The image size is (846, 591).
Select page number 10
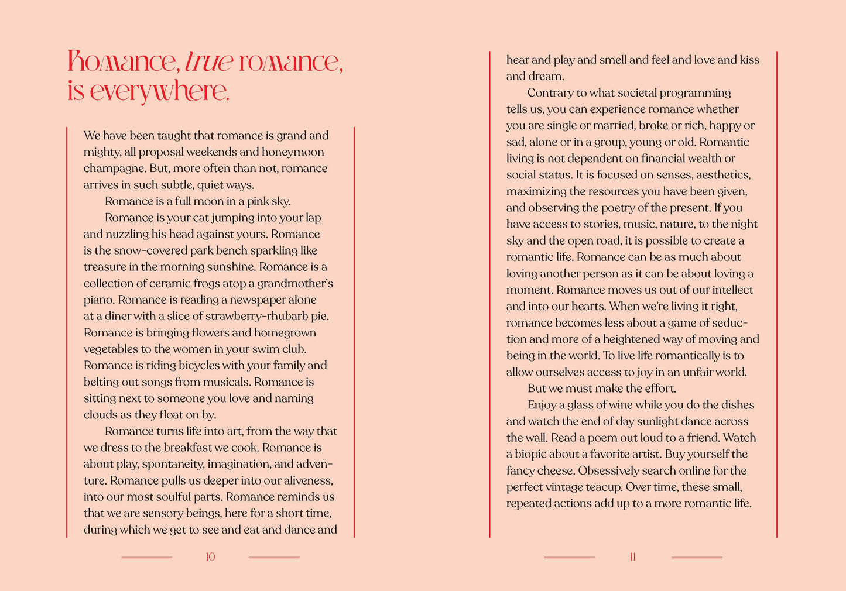pyautogui.click(x=210, y=557)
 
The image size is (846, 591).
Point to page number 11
pyautogui.click(x=633, y=557)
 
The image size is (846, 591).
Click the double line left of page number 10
pyautogui.click(x=147, y=558)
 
